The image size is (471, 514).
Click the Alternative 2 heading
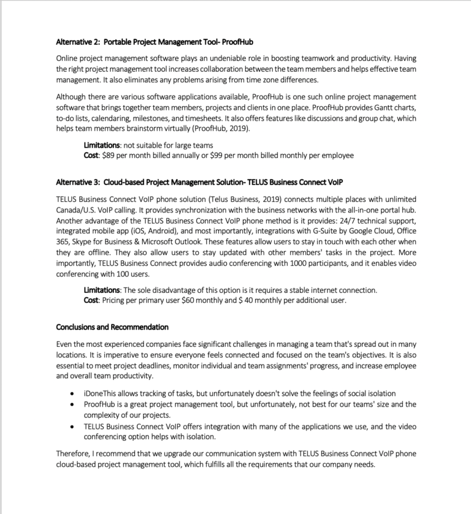[155, 42]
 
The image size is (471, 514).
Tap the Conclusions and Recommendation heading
[112, 327]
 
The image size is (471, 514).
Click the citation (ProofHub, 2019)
[221, 128]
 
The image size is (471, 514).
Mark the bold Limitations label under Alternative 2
[102, 145]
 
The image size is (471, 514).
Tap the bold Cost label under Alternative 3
[91, 300]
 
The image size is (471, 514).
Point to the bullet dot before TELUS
[74, 426]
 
